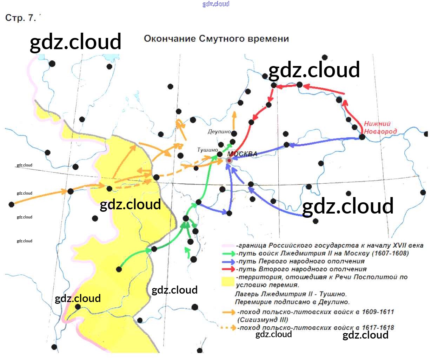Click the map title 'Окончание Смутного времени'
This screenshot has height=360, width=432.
[x=216, y=39]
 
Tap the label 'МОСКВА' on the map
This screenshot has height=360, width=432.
[x=242, y=154]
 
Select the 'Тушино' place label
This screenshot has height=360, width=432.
[x=207, y=150]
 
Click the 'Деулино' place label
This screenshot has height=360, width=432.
[x=219, y=132]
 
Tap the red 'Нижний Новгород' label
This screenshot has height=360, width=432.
[x=380, y=127]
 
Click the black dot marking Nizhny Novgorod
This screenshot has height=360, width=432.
[x=362, y=137]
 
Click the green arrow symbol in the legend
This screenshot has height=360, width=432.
[x=228, y=253]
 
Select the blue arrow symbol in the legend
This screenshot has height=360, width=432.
[x=228, y=261]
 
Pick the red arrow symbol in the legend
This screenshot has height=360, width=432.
[x=228, y=269]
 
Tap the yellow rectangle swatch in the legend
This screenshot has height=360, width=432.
[x=228, y=281]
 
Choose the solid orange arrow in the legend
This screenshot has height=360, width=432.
[x=229, y=312]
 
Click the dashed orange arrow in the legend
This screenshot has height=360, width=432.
[x=229, y=328]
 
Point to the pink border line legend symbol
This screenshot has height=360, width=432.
[x=228, y=246]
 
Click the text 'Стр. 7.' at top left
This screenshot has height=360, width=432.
[x=20, y=18]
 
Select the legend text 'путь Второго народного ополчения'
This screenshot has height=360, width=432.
[x=302, y=269]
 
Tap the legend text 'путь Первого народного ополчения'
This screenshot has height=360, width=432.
[x=301, y=261]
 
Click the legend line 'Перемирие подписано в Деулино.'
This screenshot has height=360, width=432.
[x=292, y=302]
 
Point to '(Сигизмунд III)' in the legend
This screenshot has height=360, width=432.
[x=262, y=320]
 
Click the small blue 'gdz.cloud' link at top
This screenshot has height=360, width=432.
[x=216, y=4]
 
